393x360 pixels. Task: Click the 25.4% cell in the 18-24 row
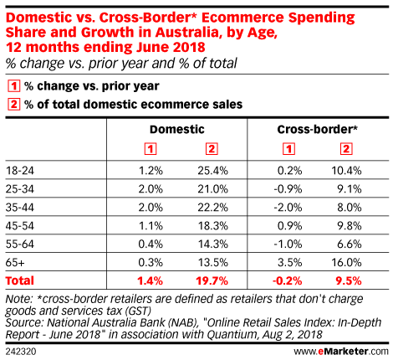(x=212, y=171)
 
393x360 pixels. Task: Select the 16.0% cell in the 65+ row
(x=346, y=263)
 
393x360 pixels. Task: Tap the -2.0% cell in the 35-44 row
(x=288, y=208)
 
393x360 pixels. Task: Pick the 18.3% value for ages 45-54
(x=212, y=226)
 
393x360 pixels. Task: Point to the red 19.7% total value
(x=212, y=280)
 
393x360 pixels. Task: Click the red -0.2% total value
(x=287, y=280)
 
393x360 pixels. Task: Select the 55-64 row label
(x=20, y=244)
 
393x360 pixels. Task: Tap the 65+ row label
(x=15, y=263)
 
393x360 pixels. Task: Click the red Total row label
(x=20, y=280)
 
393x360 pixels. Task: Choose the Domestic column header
(x=177, y=130)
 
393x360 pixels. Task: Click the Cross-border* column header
(x=317, y=130)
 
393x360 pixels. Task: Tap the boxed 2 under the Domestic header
(x=212, y=149)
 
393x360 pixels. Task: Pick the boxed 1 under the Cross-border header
(x=288, y=149)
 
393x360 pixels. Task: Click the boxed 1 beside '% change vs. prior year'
(x=13, y=86)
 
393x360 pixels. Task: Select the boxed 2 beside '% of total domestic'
(x=13, y=105)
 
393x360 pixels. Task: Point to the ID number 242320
(x=21, y=352)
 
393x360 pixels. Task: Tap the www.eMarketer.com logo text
(x=341, y=352)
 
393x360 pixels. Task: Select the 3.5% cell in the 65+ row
(x=289, y=263)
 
